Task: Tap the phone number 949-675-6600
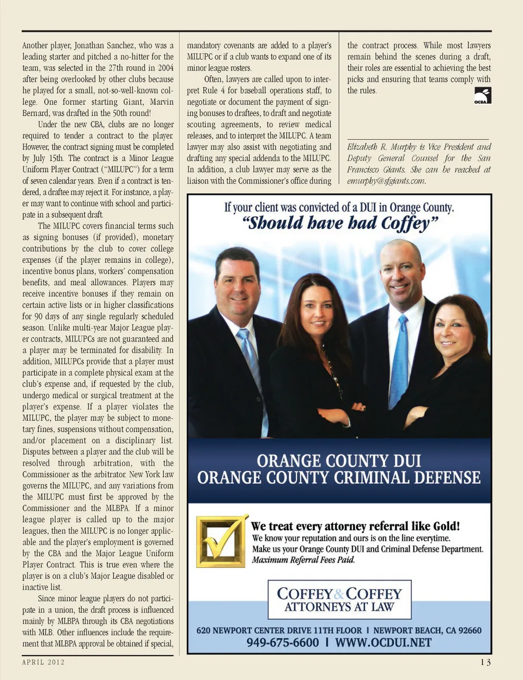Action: click(x=282, y=642)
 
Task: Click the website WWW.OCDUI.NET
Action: click(x=383, y=642)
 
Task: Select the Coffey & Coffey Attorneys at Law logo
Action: click(x=339, y=599)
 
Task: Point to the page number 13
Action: click(x=485, y=662)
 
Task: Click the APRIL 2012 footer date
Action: click(x=44, y=662)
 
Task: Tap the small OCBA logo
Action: click(x=482, y=96)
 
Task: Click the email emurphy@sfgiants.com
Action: click(x=386, y=181)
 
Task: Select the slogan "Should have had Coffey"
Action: click(x=339, y=224)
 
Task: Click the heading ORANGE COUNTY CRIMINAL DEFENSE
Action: click(x=339, y=478)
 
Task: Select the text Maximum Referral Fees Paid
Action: click(x=303, y=560)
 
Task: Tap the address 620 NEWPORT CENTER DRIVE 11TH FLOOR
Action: click(x=279, y=630)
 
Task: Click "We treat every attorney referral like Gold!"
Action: click(x=355, y=526)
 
